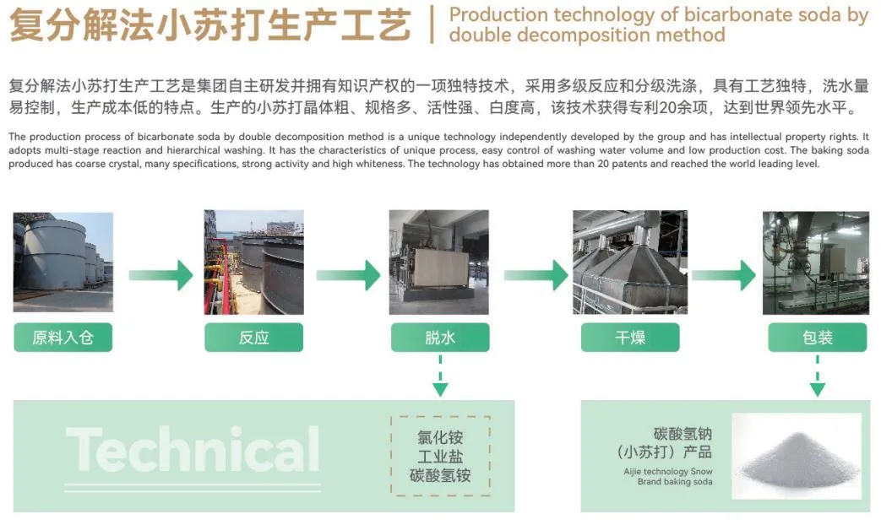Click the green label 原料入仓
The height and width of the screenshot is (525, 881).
pos(63,338)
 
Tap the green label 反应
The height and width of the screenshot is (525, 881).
pos(254,338)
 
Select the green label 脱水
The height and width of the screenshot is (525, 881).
pos(440,338)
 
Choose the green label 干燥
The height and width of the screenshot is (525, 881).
pos(630,338)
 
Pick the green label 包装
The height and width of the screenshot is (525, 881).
pos(818,338)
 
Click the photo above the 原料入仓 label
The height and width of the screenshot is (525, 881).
pos(63,262)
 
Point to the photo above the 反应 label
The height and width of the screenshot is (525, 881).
pos(254,262)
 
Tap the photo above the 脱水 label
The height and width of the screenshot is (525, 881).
pos(439,262)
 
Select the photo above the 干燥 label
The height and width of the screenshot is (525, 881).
pos(630,262)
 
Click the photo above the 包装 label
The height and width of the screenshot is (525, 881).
pos(816,262)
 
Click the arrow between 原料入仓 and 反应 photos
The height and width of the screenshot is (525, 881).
pos(160,275)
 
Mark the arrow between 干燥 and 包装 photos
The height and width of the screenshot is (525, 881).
pos(724,275)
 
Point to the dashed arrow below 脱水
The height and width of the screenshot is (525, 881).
pos(440,376)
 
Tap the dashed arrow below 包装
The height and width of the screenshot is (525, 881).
pos(818,376)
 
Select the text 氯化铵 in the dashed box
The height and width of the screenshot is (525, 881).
pos(440,437)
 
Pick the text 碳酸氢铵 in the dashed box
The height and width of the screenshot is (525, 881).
pos(440,475)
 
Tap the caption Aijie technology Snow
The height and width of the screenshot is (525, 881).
pos(668,472)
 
